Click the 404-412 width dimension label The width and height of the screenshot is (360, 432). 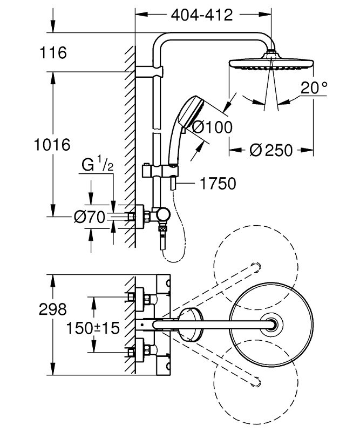(201, 15)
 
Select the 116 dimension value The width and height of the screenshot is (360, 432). (53, 53)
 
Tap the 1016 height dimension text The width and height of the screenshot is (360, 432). (52, 145)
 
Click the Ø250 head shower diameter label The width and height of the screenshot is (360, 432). (271, 151)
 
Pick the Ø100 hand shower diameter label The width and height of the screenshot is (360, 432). (212, 127)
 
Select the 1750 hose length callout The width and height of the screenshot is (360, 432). (218, 184)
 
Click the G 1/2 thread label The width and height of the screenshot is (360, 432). (98, 165)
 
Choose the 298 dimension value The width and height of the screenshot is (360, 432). (53, 309)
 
